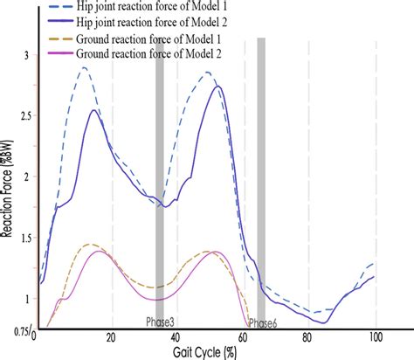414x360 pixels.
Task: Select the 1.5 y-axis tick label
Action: pos(22,238)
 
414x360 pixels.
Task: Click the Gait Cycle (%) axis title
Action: pos(210,352)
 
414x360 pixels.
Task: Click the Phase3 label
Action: pos(159,321)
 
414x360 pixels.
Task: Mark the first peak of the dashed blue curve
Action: pos(84,67)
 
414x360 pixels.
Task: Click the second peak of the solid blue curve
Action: pos(217,87)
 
